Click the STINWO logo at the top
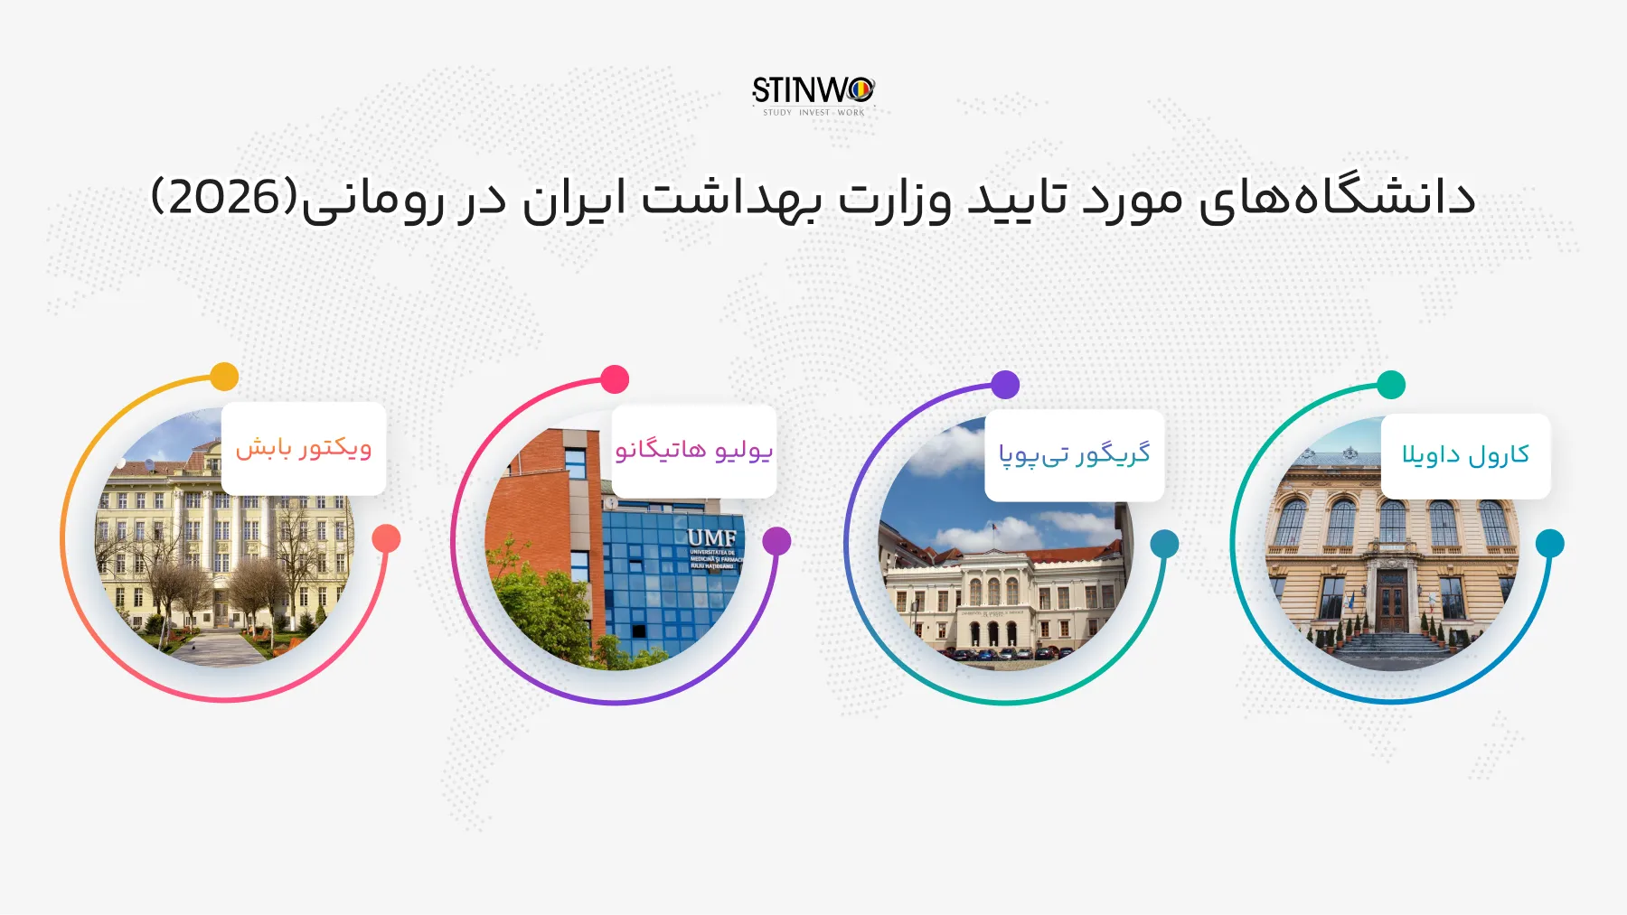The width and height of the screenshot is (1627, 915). (813, 90)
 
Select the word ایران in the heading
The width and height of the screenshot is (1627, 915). (574, 200)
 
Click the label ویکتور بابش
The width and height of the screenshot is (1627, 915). (304, 448)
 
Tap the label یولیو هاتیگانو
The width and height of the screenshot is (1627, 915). (694, 450)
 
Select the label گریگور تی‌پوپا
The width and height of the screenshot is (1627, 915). (1074, 453)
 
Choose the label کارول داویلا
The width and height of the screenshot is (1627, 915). (1465, 454)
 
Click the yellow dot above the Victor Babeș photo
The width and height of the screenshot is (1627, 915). (224, 377)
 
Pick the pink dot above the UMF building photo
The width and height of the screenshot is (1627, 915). (615, 379)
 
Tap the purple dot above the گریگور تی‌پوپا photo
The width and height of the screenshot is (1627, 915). (1005, 385)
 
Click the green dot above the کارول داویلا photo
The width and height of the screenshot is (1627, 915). (1392, 385)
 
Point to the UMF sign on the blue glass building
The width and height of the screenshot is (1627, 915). (712, 538)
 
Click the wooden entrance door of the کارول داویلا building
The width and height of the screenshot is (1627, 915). (1392, 601)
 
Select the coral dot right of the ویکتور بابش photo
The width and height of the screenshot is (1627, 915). (386, 538)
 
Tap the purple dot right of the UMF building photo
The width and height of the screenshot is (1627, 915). (776, 541)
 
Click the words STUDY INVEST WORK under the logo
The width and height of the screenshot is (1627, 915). (813, 113)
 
